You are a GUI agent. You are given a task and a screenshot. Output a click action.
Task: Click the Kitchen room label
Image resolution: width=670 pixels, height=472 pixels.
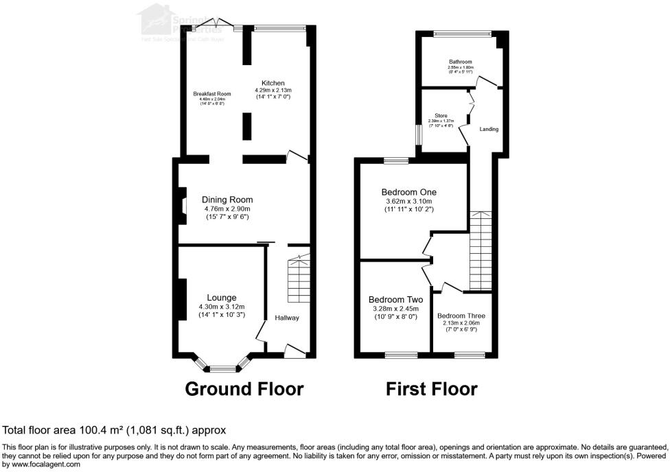coord(273,82)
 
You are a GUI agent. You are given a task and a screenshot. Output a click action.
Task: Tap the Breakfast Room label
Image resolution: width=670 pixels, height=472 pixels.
coord(211,94)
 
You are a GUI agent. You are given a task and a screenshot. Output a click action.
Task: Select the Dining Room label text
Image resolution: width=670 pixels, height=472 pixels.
coord(227,199)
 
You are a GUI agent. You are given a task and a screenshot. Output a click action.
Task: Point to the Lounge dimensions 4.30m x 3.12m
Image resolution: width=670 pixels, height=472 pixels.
coord(222,306)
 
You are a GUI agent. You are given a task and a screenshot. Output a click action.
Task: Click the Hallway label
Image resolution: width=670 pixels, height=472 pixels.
coord(287,318)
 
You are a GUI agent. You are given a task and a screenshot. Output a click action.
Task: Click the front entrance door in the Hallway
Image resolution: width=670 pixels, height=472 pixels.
coord(295,352)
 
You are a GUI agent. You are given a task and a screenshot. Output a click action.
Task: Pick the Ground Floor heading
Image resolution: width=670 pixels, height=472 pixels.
coord(244,389)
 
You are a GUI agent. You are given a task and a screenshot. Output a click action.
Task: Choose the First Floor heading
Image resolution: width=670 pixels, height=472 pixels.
coord(431,389)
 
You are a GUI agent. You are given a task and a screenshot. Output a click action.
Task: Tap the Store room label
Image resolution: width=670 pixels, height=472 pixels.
coord(441,116)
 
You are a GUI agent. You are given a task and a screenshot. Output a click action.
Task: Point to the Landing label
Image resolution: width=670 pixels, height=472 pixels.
coord(489,129)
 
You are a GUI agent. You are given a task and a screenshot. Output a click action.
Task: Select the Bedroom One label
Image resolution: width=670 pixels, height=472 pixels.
coord(409,192)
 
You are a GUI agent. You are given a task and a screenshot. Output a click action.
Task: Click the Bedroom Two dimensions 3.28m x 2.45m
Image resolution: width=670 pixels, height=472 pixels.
coord(395,309)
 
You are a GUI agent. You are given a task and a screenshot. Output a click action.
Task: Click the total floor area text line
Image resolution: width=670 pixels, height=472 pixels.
coord(115,430)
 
